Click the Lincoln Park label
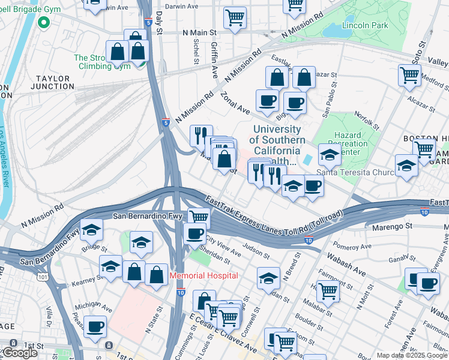coord(365,25)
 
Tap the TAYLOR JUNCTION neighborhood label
coord(55,82)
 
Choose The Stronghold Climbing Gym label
coord(102,62)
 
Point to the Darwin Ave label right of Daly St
coord(183,6)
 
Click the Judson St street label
coord(256,247)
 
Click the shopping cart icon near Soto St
coord(409,75)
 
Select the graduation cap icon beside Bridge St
coord(91,230)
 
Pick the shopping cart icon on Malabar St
coord(328,291)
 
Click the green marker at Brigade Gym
coord(43,23)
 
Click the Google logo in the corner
coord(20,353)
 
